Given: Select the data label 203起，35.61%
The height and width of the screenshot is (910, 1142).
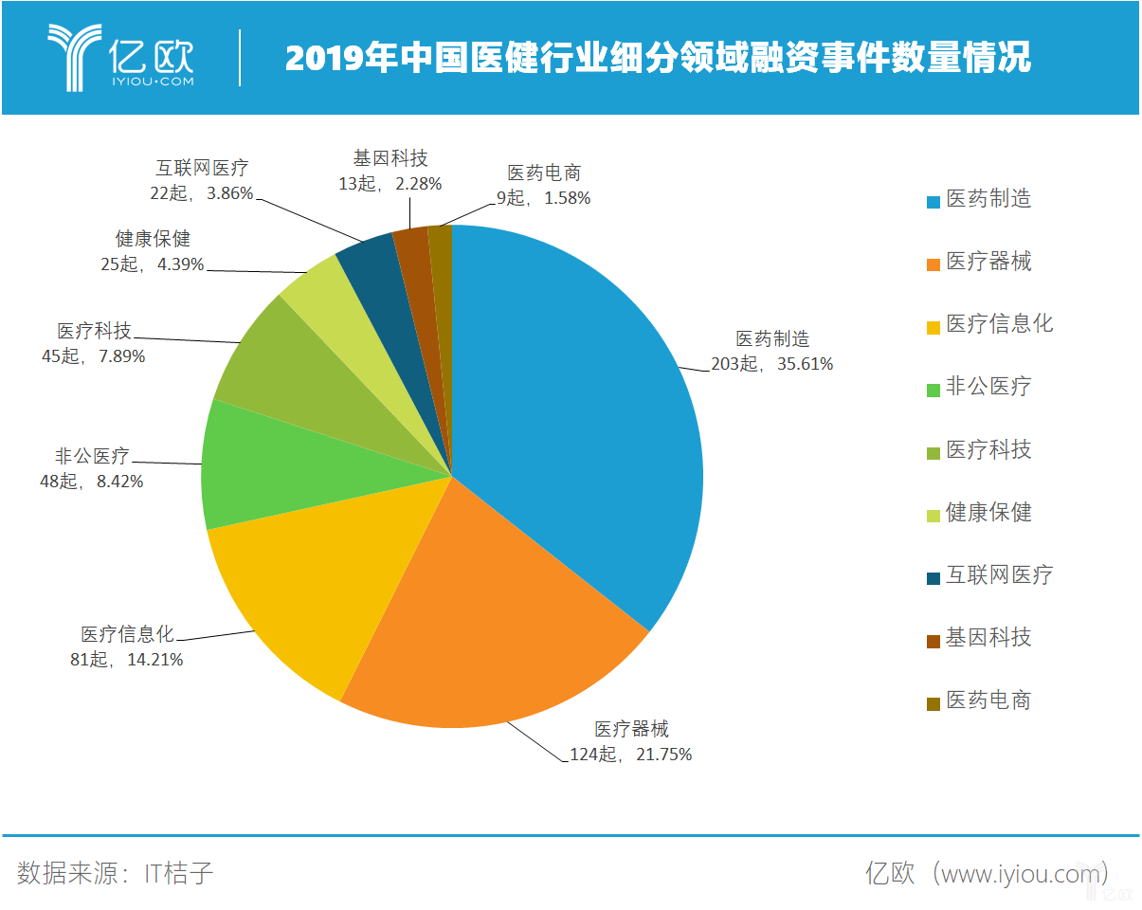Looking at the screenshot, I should (772, 364).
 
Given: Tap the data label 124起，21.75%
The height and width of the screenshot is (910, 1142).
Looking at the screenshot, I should (631, 755).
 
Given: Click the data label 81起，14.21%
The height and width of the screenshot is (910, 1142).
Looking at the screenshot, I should (126, 660).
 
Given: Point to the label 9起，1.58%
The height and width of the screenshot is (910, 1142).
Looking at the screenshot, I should (543, 198).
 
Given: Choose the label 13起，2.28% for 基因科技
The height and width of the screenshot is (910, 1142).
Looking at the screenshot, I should (390, 184).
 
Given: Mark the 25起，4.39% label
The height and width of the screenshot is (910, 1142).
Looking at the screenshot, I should (153, 264).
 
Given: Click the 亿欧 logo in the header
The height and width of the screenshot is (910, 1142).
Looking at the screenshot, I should (120, 57).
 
